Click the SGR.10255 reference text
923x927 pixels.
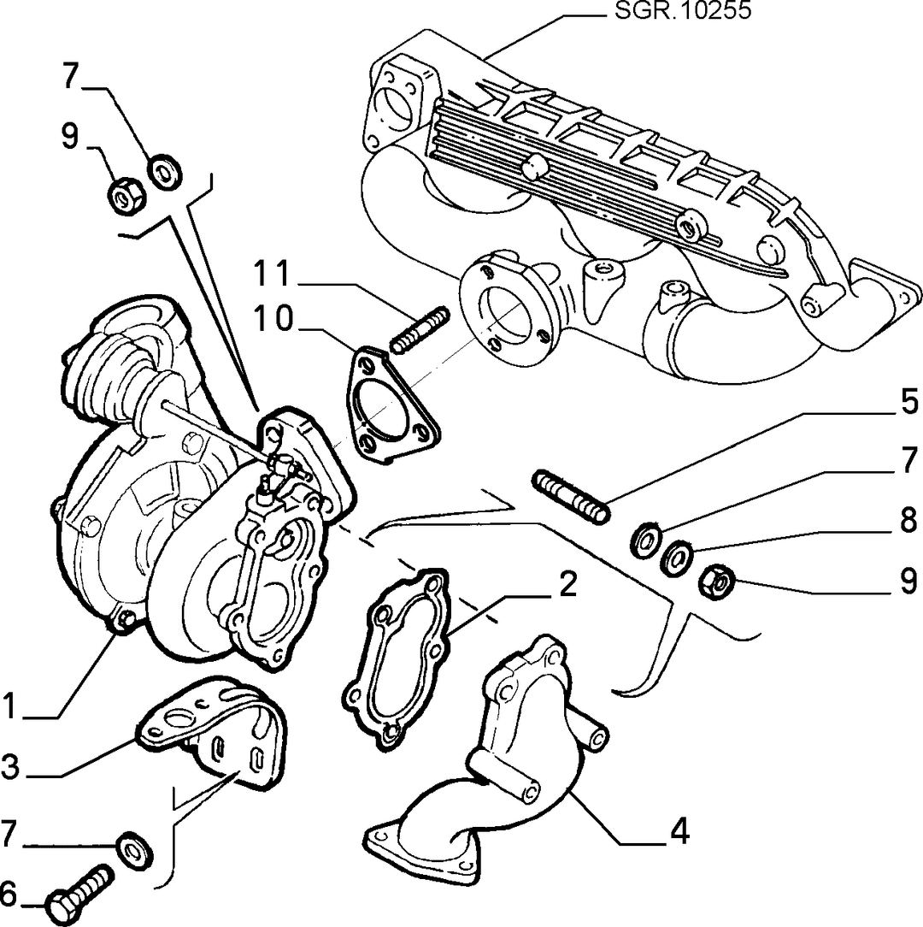click(x=683, y=10)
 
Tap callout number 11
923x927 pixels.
click(x=272, y=274)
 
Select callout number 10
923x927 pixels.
click(x=273, y=319)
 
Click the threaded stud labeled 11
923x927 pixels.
click(x=420, y=330)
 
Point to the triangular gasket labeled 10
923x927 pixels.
click(x=392, y=404)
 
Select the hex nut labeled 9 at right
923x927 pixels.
click(x=716, y=582)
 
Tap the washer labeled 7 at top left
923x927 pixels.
click(x=165, y=171)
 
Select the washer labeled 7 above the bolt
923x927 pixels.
click(x=135, y=850)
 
